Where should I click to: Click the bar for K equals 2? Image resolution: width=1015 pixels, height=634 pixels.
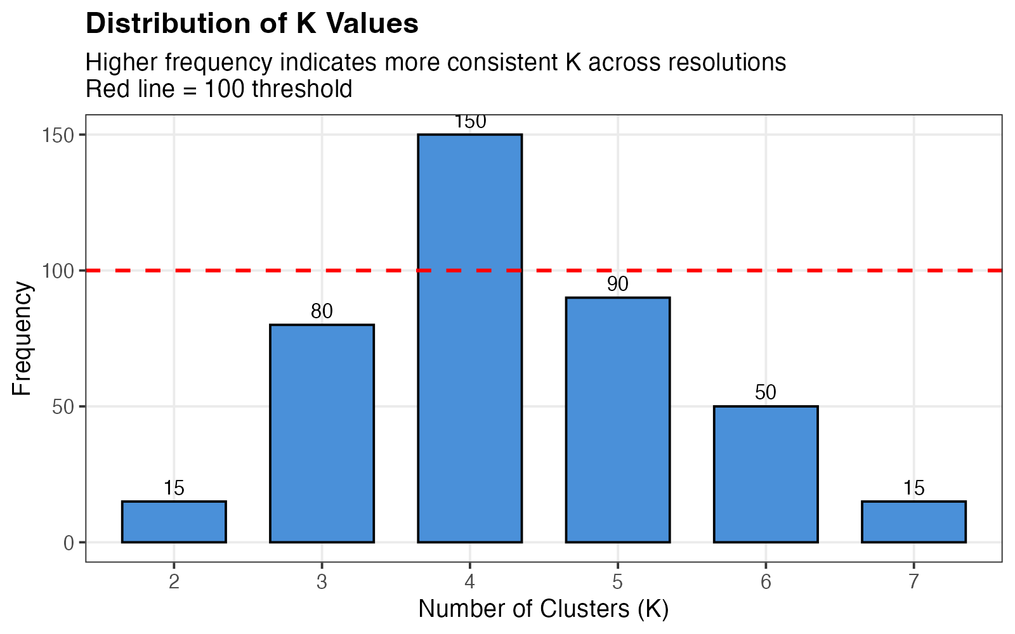[174, 522]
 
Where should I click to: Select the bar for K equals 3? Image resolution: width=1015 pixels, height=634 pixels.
[322, 433]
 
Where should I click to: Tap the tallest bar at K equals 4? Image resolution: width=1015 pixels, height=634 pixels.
[469, 338]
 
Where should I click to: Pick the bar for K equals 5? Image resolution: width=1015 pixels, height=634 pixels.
[617, 420]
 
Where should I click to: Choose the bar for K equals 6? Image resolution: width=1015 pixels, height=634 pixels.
[766, 474]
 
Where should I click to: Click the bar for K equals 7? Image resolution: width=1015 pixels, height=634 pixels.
[913, 522]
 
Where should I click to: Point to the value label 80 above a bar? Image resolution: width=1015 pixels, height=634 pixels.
[322, 311]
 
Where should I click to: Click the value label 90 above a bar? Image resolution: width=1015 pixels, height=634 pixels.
[617, 284]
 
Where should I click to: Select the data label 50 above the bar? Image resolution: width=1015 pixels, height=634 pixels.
[766, 392]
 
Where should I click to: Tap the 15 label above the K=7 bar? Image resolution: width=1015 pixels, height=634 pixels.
[913, 488]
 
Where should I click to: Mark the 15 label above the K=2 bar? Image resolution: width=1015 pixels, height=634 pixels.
[174, 488]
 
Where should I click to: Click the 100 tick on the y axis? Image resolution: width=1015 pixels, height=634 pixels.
[59, 271]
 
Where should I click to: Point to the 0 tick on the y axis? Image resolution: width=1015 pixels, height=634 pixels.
[69, 543]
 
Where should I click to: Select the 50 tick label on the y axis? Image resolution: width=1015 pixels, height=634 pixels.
[63, 406]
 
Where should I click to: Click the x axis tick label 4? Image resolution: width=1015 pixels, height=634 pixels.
[469, 582]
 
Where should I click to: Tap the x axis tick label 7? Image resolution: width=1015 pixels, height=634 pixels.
[913, 582]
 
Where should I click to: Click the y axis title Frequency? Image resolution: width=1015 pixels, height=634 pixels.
[22, 338]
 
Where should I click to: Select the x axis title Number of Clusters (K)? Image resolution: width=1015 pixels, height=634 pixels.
[544, 609]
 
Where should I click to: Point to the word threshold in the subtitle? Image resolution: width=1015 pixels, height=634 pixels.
[302, 89]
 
